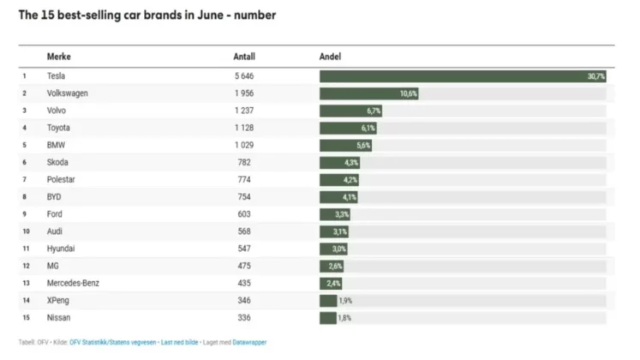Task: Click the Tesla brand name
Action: tap(57, 76)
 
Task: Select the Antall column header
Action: tap(244, 57)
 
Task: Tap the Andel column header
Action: tap(330, 57)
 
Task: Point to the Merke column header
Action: tap(59, 57)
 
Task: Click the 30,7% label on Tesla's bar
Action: tap(596, 76)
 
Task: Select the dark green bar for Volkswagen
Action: tap(368, 93)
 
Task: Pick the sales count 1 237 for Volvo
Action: tap(244, 111)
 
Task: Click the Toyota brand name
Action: tap(60, 128)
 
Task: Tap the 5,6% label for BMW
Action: tap(363, 146)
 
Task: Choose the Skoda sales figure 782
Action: tap(244, 163)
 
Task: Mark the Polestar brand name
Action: tap(62, 180)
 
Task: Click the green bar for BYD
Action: tap(338, 197)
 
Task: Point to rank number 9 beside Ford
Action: tap(25, 214)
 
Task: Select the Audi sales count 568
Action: tap(244, 231)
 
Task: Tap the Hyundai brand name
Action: tap(62, 249)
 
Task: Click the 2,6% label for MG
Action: tap(335, 267)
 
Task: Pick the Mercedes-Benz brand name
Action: tap(75, 284)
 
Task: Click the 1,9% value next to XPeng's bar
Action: tap(345, 301)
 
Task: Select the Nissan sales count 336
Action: tap(244, 318)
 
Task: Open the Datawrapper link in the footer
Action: tap(249, 342)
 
